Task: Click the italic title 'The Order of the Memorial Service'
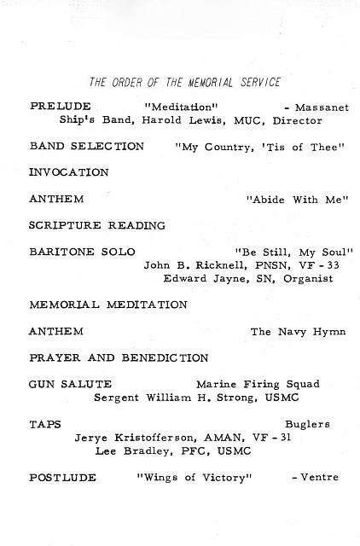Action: coord(184,83)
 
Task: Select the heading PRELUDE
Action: coord(56,107)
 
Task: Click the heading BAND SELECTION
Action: coord(86,146)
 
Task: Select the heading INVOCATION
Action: coord(68,172)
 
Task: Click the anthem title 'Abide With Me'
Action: coord(298,200)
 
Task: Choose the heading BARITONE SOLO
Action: coord(78,253)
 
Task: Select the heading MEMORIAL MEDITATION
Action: coord(107,305)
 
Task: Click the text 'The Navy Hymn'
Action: coord(295,331)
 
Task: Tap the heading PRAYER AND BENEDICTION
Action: coord(118,357)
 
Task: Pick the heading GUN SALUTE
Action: coord(70,384)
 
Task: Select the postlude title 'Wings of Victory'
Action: coord(195,477)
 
